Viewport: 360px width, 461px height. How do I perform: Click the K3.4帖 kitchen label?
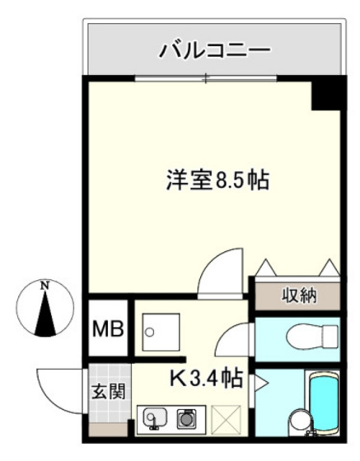pyautogui.click(x=206, y=379)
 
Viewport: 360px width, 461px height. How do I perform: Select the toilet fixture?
pyautogui.click(x=317, y=336)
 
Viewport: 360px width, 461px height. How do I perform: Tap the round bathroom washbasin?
pyautogui.click(x=297, y=424)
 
